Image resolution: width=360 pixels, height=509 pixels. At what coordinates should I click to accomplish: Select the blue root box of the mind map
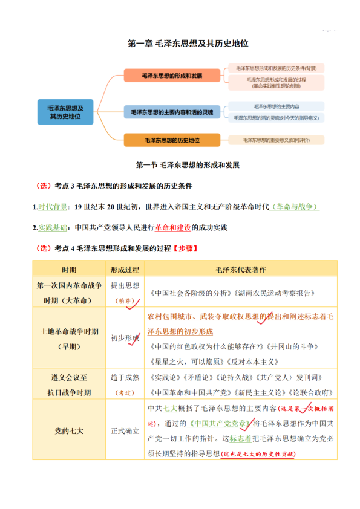click(65, 112)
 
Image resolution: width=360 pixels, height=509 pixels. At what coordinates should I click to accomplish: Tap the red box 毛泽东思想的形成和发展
click(172, 76)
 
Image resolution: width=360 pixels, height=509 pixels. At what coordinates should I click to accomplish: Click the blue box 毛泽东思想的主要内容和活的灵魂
click(172, 112)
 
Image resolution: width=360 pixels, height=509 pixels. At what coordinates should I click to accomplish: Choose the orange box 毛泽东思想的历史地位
click(172, 140)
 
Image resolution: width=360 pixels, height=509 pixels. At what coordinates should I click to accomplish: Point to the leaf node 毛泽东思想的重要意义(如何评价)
click(276, 140)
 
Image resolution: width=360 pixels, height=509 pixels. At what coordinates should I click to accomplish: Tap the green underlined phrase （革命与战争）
click(295, 207)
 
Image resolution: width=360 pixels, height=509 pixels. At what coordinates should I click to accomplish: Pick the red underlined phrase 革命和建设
click(172, 228)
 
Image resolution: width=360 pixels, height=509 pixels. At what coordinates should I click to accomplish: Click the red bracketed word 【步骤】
click(185, 248)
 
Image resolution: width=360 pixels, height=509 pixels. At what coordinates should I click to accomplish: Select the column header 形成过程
click(125, 269)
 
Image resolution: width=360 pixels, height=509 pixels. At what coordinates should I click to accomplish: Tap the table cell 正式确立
click(125, 431)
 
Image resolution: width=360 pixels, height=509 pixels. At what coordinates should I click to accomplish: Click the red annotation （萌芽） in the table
click(125, 300)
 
